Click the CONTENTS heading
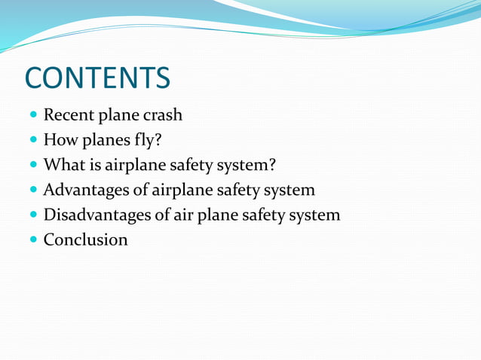97,78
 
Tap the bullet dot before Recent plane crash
32,116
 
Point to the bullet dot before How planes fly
32,141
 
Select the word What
61,165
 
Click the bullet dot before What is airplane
32,166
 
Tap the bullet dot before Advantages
32,191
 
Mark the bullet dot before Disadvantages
32,215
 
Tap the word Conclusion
85,240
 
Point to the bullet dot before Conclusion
32,240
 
